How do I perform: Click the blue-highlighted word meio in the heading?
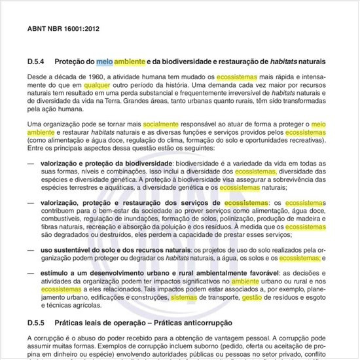[105, 62]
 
